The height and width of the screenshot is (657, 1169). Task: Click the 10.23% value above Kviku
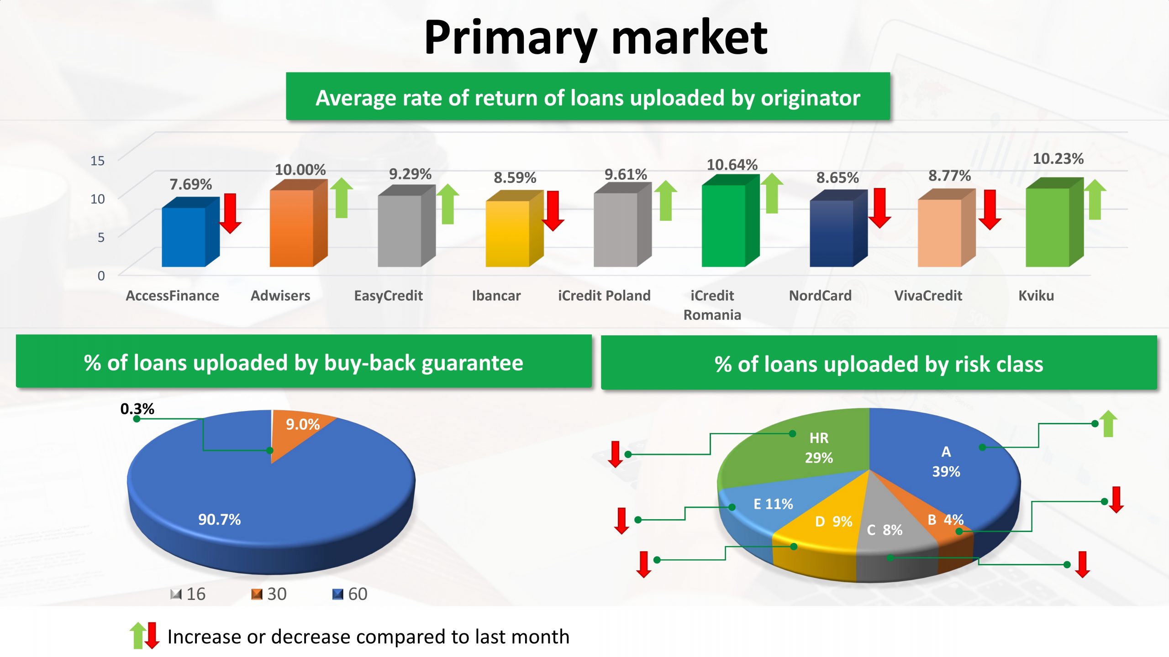click(x=1058, y=159)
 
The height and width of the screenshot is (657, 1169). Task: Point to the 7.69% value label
click(x=191, y=184)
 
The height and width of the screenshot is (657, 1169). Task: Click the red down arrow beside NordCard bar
click(x=879, y=208)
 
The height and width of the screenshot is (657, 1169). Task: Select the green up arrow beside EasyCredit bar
click(x=448, y=204)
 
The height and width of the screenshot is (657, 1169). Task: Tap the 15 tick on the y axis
click(x=97, y=161)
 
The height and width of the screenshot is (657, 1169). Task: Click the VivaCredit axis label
click(x=928, y=296)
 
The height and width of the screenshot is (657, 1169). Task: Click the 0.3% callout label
click(x=137, y=409)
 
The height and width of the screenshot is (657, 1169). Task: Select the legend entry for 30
click(x=269, y=594)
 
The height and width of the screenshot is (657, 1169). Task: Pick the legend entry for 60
click(x=350, y=594)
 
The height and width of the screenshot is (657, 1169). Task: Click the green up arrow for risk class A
click(x=1108, y=423)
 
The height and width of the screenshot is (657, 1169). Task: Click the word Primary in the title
click(x=511, y=38)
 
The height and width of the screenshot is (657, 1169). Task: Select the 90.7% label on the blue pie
click(x=219, y=519)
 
